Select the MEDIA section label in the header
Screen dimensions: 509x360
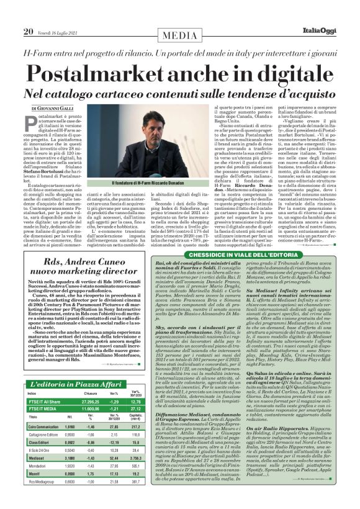181,14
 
